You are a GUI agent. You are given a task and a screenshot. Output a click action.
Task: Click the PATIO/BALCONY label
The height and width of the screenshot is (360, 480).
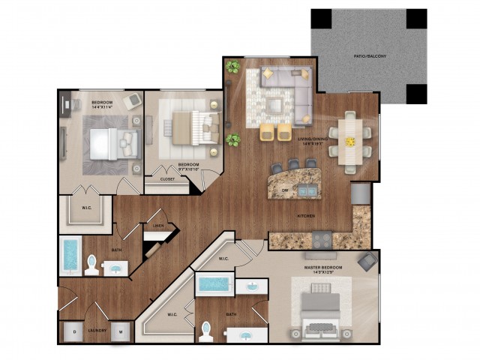368,56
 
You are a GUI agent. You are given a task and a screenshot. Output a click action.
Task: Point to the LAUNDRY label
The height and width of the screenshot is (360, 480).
97,330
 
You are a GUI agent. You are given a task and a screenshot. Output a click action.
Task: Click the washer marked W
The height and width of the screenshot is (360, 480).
121,331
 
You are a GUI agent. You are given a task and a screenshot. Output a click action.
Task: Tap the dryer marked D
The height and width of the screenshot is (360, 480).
74,331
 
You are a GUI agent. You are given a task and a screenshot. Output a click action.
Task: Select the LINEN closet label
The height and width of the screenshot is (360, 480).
157,226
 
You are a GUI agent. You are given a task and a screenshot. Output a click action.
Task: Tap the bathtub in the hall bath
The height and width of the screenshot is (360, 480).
71,256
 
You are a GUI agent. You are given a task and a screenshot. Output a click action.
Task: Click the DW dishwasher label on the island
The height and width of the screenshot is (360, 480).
285,190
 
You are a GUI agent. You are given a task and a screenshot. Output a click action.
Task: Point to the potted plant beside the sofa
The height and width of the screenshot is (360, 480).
232,67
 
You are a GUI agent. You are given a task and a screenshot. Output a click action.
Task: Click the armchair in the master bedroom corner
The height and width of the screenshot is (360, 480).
367,261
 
